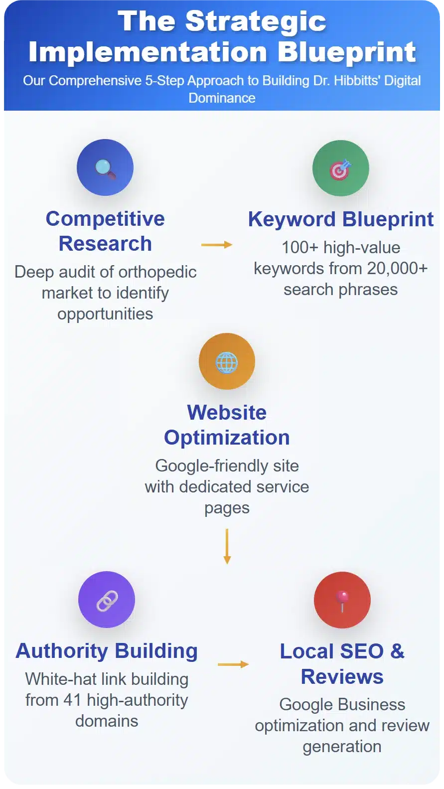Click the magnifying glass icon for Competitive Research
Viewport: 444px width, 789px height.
(105, 169)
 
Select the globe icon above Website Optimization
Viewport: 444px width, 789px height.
(226, 362)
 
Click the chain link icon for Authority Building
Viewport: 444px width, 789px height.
(107, 601)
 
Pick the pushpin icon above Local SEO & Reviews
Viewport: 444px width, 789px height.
(342, 601)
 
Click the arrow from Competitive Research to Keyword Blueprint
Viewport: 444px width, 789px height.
(217, 244)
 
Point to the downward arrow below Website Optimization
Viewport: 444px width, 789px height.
(227, 546)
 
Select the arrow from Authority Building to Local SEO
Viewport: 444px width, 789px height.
(233, 664)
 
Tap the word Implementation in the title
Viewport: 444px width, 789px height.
(148, 52)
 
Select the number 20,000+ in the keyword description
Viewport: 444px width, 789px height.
(397, 269)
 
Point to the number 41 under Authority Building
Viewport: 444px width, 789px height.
(72, 700)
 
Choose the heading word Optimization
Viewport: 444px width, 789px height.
(227, 438)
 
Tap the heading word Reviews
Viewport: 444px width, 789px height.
(342, 677)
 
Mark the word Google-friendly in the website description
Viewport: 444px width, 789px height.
(212, 467)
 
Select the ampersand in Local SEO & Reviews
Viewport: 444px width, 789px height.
(397, 651)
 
